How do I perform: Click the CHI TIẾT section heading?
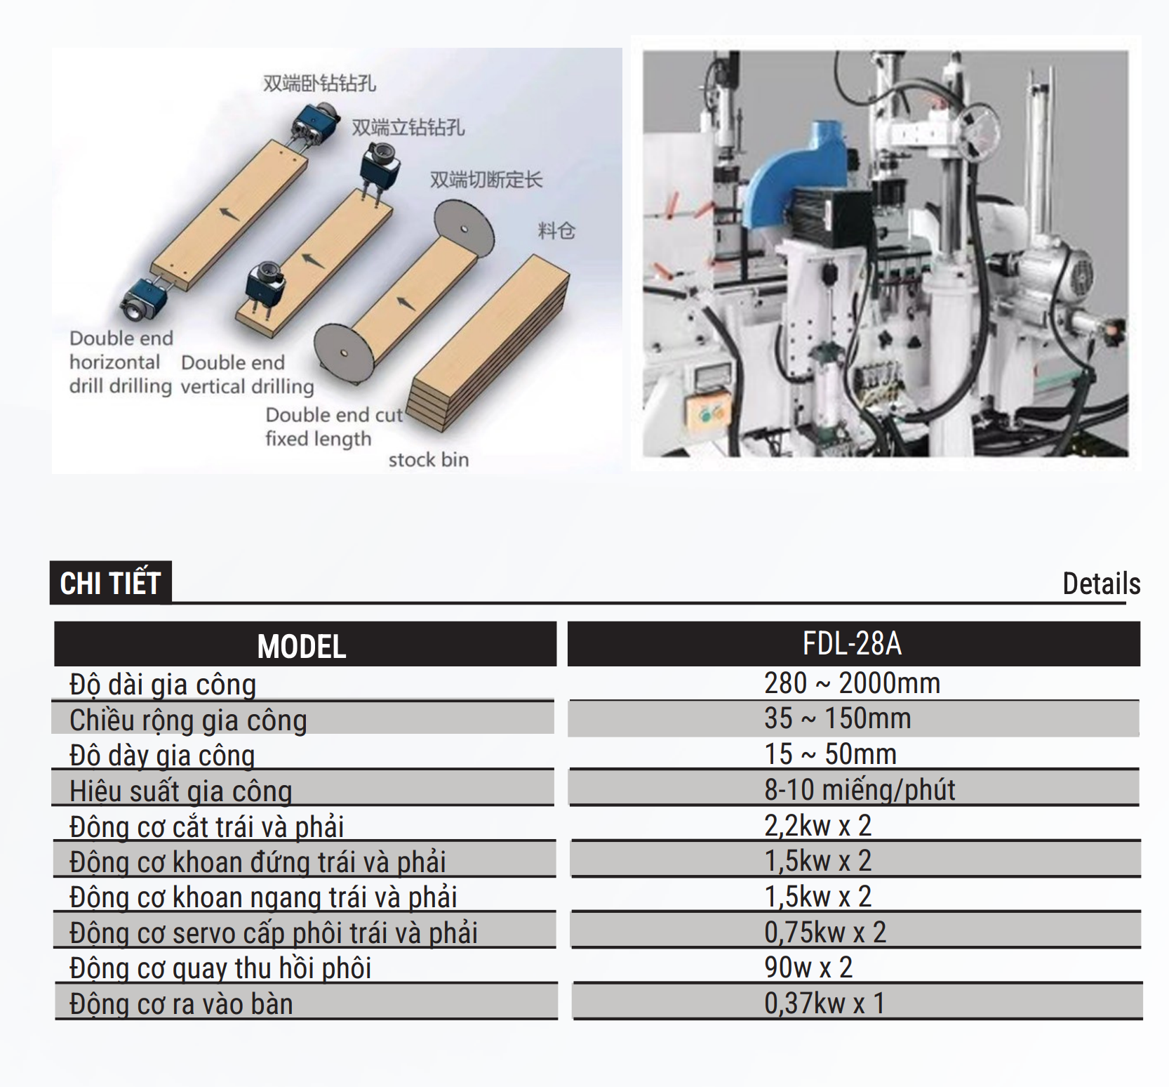pyautogui.click(x=111, y=583)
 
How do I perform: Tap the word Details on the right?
pyautogui.click(x=1101, y=584)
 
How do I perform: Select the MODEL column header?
pyautogui.click(x=302, y=646)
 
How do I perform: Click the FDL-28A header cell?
pyautogui.click(x=852, y=643)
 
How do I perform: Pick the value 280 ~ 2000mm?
pyautogui.click(x=852, y=683)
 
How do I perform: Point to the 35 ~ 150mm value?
pyautogui.click(x=838, y=718)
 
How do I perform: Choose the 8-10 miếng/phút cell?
pyautogui.click(x=860, y=790)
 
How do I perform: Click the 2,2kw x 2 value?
pyautogui.click(x=817, y=826)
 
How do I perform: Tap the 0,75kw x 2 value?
pyautogui.click(x=825, y=933)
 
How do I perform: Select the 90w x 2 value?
pyautogui.click(x=808, y=968)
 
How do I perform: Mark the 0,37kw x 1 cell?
pyautogui.click(x=824, y=1003)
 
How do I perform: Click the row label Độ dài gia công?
pyautogui.click(x=163, y=685)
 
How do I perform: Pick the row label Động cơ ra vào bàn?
pyautogui.click(x=181, y=1004)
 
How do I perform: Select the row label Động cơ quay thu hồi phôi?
pyautogui.click(x=220, y=968)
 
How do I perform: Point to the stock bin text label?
pyautogui.click(x=429, y=460)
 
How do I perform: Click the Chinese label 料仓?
pyautogui.click(x=556, y=230)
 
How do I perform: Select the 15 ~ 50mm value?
pyautogui.click(x=831, y=754)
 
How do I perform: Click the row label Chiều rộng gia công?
pyautogui.click(x=188, y=720)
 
